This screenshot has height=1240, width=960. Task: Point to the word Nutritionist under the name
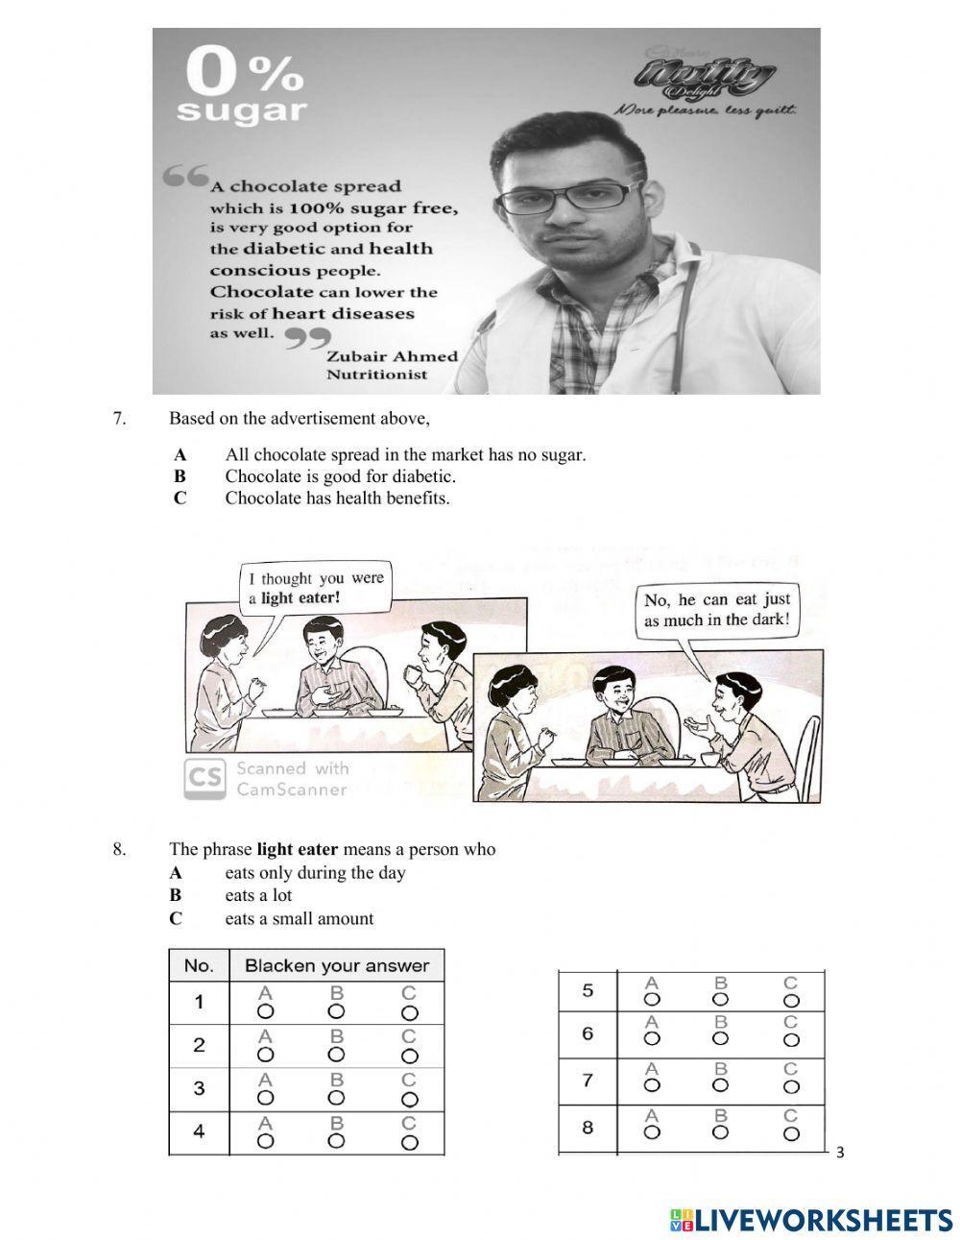point(377,375)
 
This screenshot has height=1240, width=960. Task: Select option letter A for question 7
point(180,455)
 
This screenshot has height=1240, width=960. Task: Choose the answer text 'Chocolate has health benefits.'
point(337,498)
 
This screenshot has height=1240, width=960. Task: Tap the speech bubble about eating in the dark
point(717,610)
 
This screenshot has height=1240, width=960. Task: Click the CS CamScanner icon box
point(204,779)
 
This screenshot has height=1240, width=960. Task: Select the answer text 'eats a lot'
point(258,895)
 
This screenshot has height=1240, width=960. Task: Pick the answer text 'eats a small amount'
point(299,918)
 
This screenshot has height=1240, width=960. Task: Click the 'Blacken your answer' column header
point(336,965)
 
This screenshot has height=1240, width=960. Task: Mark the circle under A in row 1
point(266,1011)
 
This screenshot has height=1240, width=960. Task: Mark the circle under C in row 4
point(410,1142)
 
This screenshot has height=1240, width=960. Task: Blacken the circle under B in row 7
point(721,1085)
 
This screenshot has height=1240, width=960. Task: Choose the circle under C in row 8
point(790,1132)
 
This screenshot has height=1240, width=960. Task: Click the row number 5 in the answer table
point(588,990)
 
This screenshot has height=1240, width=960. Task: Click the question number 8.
point(119,849)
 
